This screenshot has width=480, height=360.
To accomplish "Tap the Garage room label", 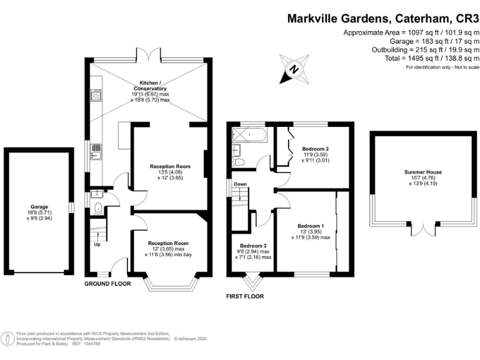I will tap(39, 206).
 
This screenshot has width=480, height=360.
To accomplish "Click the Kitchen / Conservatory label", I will tap(149, 86).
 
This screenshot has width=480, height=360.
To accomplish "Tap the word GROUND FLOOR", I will tap(107, 283).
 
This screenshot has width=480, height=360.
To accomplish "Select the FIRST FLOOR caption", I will tap(245, 296).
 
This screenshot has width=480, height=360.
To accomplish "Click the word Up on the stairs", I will tap(96, 244).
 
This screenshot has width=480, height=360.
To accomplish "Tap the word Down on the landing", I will tap(239, 184).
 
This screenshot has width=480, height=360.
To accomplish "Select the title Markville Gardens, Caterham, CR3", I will tap(382, 18).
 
